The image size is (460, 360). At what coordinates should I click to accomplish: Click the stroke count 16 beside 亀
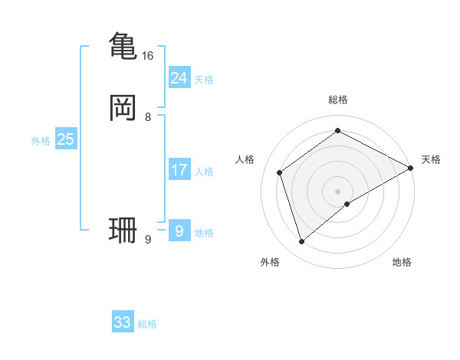point(148,56)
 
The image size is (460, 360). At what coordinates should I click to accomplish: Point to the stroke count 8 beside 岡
point(148,117)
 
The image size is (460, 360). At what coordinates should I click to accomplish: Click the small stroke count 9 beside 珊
point(148,240)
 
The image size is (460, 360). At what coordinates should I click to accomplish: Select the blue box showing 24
point(179,77)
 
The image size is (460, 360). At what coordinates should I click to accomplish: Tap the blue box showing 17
point(179,169)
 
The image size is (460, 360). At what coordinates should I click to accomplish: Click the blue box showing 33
point(123,322)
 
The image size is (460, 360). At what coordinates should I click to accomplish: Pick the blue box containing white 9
point(179,231)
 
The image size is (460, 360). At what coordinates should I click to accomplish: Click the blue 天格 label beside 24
point(204,80)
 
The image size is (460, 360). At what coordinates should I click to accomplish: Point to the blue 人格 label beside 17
point(204,172)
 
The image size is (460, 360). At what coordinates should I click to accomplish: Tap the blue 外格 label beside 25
point(41,141)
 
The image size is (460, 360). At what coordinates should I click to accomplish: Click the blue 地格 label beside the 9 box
point(204,233)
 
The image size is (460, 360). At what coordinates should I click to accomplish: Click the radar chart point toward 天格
point(411,169)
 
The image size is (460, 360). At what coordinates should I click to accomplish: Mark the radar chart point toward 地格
point(347,203)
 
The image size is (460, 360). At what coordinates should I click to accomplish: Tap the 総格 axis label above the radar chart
point(337,100)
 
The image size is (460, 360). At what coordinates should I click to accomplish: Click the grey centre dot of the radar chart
point(337,191)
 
